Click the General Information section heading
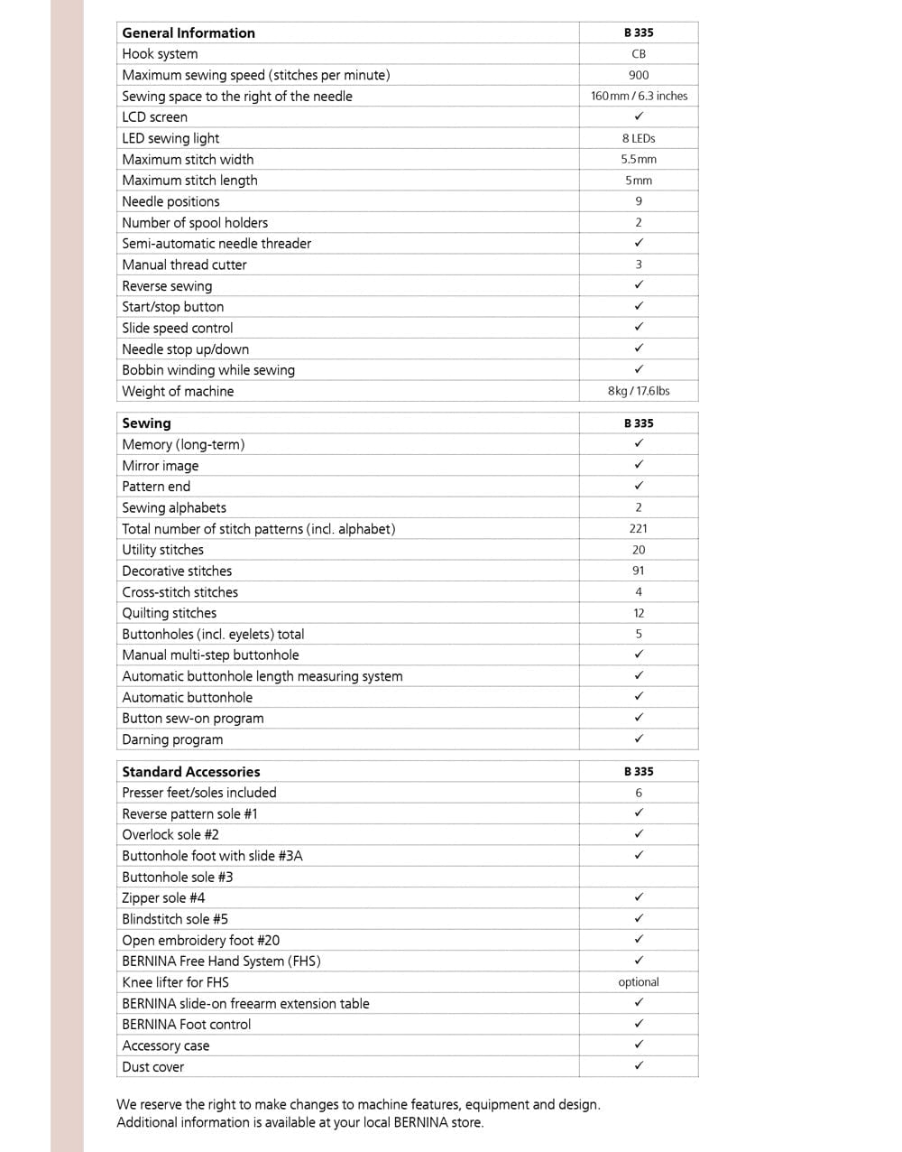[189, 33]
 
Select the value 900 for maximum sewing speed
[639, 75]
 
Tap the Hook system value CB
[639, 54]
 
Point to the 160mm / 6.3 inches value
[639, 96]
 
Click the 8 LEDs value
[639, 138]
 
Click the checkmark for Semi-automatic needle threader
[639, 243]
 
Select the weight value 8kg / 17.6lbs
[639, 391]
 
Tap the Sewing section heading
[146, 423]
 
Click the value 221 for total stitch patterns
[639, 528]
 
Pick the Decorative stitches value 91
[639, 571]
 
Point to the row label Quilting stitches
[170, 613]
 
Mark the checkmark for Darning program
[639, 739]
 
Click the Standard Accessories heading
[191, 772]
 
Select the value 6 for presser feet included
[639, 793]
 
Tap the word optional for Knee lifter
[639, 982]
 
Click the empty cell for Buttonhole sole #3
[639, 877]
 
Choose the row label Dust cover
[153, 1067]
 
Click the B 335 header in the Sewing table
[639, 423]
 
